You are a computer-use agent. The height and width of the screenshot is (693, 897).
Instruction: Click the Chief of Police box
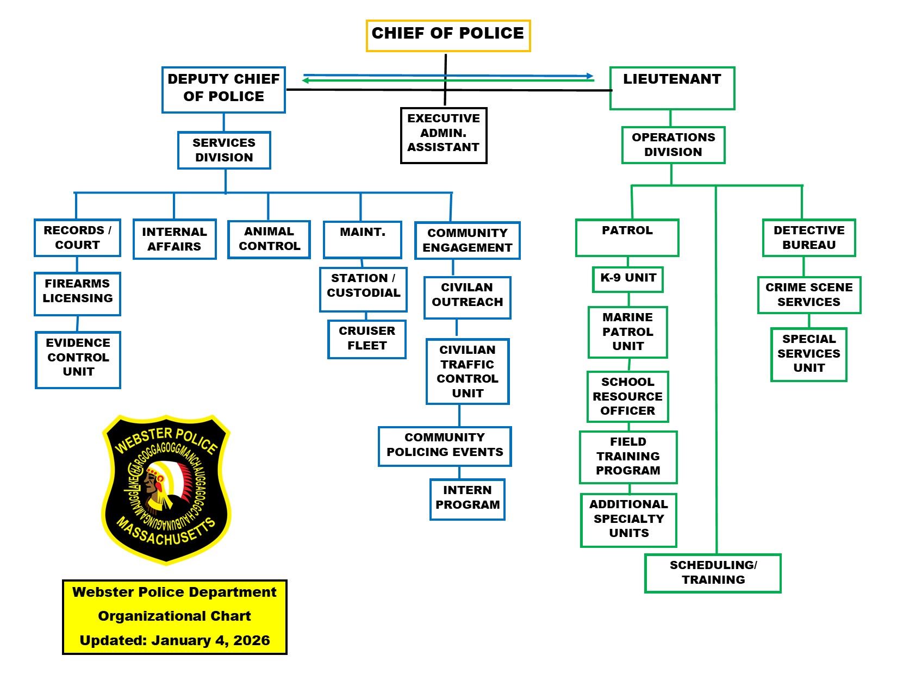(448, 36)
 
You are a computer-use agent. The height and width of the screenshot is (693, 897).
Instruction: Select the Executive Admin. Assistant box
(444, 135)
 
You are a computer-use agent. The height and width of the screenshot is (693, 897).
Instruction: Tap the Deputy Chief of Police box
(223, 90)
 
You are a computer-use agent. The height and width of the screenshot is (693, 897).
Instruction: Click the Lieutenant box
(672, 88)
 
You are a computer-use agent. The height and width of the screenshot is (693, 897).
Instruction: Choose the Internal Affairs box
(175, 239)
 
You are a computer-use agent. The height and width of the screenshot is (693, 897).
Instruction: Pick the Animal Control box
(269, 239)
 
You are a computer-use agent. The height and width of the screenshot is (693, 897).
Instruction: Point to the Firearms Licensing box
(77, 294)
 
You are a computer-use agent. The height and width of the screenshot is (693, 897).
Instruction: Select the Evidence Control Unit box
(78, 360)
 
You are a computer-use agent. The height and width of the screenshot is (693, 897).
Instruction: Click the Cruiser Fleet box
(367, 339)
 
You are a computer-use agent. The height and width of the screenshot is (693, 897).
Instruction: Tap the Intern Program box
(468, 499)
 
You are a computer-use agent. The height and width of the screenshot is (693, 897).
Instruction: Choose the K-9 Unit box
(628, 279)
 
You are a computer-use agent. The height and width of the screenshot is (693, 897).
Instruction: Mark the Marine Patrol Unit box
(628, 332)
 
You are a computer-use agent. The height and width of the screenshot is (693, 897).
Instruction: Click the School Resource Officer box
(628, 397)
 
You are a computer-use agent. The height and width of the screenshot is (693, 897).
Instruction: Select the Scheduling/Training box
(713, 573)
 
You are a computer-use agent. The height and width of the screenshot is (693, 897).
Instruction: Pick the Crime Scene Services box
(809, 295)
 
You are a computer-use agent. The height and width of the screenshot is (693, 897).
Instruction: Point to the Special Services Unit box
(809, 354)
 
